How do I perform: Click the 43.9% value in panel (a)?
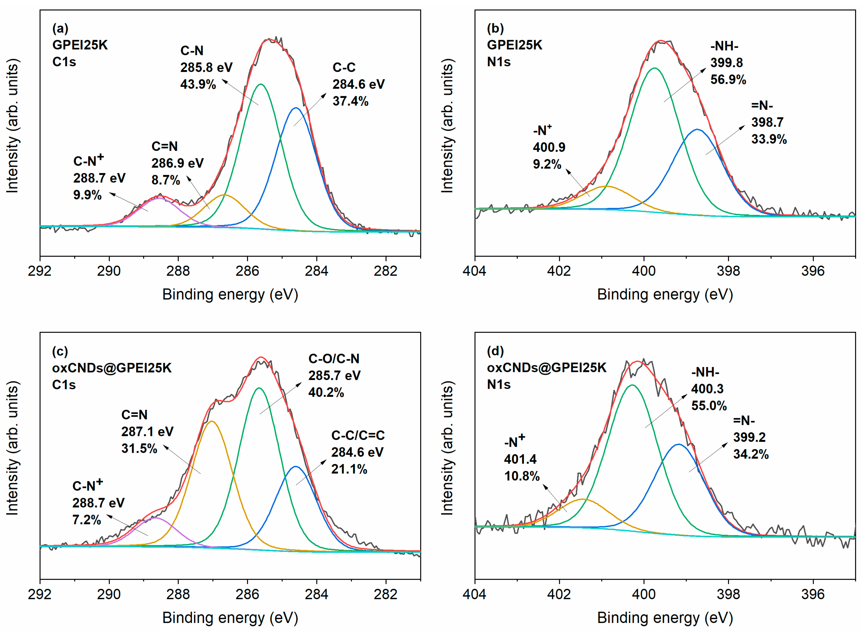click(x=198, y=84)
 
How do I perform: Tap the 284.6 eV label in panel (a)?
click(x=358, y=84)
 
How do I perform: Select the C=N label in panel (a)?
click(x=165, y=146)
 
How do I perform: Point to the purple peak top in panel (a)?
click(x=160, y=198)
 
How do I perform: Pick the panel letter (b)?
click(x=495, y=29)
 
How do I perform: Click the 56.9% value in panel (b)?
click(x=728, y=79)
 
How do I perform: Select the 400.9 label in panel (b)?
click(x=549, y=147)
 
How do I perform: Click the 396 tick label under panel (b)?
click(x=813, y=271)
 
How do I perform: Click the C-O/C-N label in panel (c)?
click(x=334, y=359)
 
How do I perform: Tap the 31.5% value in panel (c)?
click(x=139, y=449)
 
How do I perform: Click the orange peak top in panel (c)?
click(x=212, y=421)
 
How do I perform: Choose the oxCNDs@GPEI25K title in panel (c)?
click(x=112, y=368)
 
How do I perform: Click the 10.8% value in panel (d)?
click(x=522, y=476)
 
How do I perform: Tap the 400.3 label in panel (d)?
click(x=707, y=389)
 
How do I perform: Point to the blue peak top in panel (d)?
click(x=678, y=444)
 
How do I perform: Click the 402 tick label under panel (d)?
click(x=559, y=594)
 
